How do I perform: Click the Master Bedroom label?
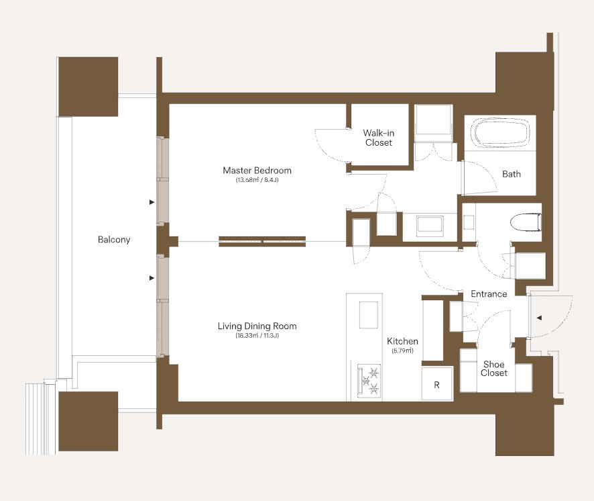click(x=257, y=171)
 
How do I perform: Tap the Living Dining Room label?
click(x=257, y=326)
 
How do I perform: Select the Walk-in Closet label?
click(x=378, y=138)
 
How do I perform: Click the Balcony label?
click(x=114, y=240)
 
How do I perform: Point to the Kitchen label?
click(x=403, y=341)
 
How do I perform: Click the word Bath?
click(x=512, y=174)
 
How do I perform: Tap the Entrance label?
click(x=489, y=293)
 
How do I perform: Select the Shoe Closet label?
click(x=494, y=369)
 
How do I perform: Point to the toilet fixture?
click(x=526, y=222)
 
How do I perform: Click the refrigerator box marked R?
click(x=437, y=383)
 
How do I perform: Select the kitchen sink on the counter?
click(x=369, y=315)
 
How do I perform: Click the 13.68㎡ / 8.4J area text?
click(x=257, y=180)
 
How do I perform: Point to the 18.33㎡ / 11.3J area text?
click(x=257, y=336)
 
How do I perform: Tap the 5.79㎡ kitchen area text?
click(x=403, y=351)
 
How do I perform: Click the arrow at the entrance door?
click(x=540, y=318)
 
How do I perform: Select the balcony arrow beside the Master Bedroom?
click(x=152, y=202)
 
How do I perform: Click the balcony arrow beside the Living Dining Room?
click(x=152, y=278)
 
